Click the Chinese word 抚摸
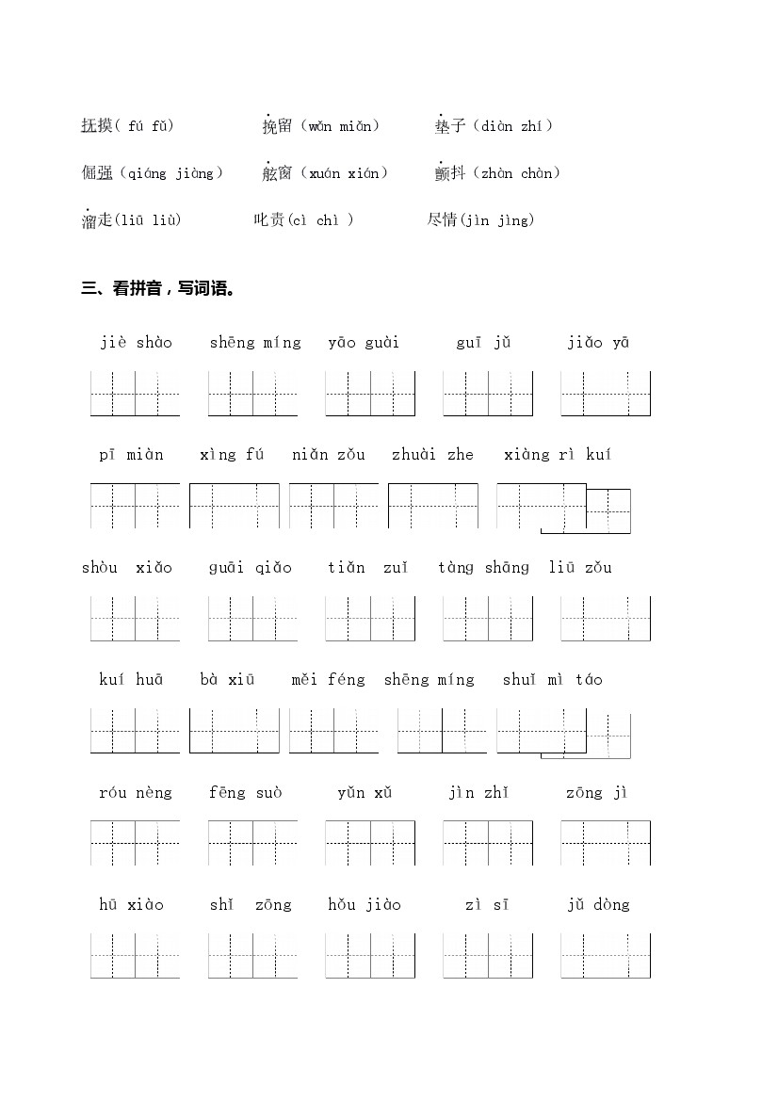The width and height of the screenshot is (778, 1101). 97,125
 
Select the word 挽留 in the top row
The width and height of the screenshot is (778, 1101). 278,125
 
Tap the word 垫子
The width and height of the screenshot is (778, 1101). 450,125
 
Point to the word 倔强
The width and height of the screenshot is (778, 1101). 97,172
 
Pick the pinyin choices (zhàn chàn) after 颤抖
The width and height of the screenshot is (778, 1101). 516,172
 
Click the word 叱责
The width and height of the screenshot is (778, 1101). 268,219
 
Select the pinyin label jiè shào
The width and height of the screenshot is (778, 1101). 137,343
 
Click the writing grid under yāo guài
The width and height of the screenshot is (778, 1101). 370,394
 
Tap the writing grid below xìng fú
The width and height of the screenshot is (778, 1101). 235,506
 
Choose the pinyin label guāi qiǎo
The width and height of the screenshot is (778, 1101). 251,568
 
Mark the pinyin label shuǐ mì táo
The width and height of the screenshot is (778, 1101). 552,680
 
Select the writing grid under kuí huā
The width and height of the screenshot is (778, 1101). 135,731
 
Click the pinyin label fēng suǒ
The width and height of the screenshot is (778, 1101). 245,793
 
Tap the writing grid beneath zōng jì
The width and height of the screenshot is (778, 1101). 606,843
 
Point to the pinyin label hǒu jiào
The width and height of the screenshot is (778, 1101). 365,905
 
